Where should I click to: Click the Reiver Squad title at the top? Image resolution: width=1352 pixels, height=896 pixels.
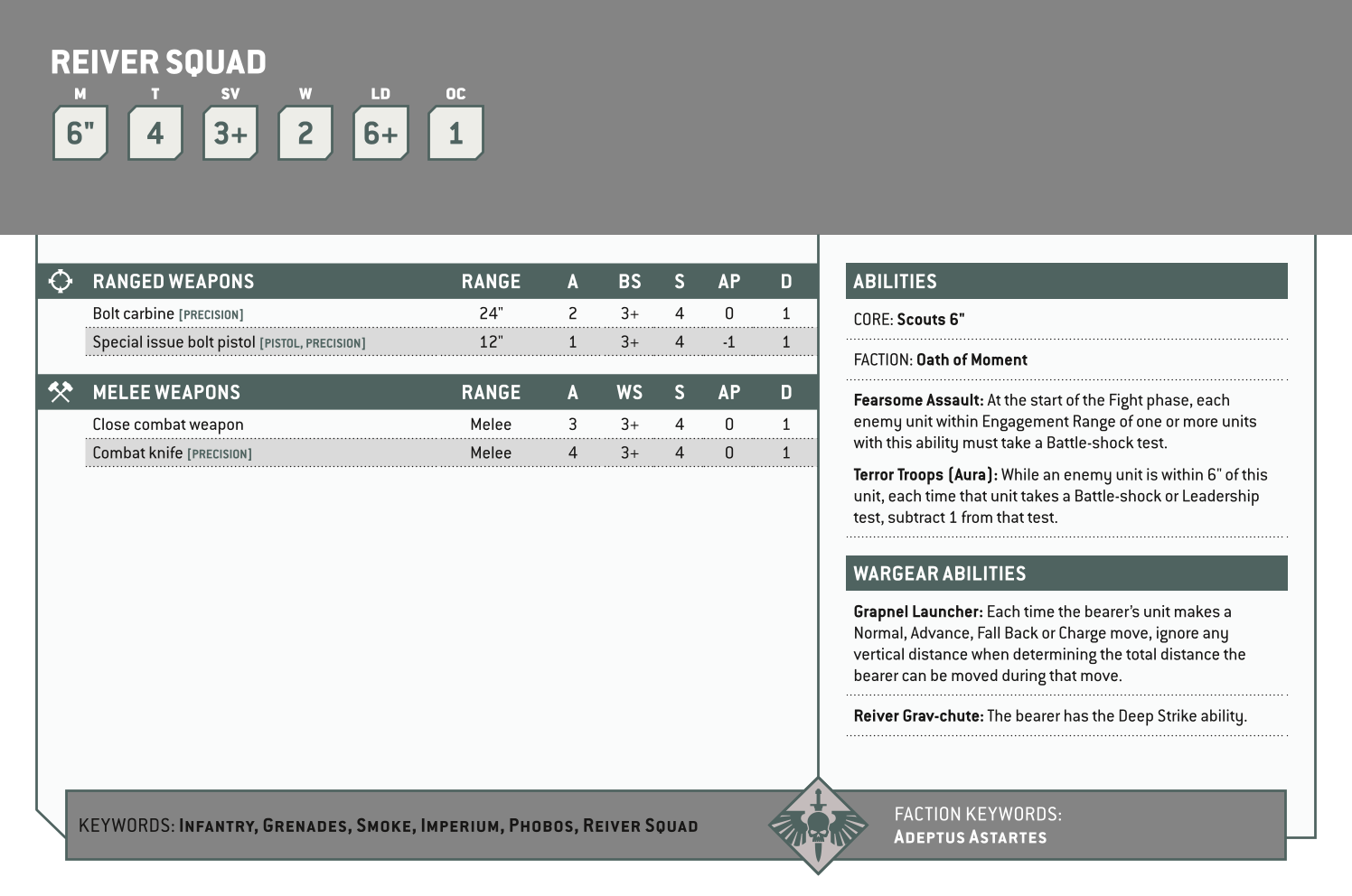[x=158, y=62]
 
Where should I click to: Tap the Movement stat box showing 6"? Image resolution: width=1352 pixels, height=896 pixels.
[x=80, y=134]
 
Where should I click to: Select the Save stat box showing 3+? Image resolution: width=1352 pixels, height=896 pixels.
[x=230, y=134]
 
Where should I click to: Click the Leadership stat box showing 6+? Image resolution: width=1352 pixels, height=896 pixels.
[x=380, y=134]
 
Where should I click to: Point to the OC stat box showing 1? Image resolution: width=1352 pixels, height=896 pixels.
[x=455, y=134]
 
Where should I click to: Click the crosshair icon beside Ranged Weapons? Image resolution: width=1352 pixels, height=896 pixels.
[x=61, y=282]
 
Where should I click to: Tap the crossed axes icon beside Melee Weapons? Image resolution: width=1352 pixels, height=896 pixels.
[x=61, y=392]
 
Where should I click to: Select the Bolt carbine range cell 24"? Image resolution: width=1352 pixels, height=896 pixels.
[x=491, y=313]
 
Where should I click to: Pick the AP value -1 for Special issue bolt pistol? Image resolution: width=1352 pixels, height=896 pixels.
[x=728, y=342]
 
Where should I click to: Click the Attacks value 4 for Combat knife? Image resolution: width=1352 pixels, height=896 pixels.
[x=572, y=453]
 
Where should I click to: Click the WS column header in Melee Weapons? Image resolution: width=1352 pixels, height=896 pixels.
[x=629, y=392]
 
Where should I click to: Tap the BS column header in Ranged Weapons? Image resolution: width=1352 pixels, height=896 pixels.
[x=629, y=282]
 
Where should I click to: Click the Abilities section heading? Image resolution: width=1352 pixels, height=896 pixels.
[x=895, y=282]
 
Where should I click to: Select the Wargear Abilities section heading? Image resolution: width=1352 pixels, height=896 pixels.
[x=939, y=574]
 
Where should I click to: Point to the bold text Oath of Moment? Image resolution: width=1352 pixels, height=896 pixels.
[x=972, y=359]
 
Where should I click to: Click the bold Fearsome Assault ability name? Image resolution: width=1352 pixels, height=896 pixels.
[x=917, y=400]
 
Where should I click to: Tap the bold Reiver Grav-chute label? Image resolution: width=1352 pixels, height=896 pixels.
[x=917, y=716]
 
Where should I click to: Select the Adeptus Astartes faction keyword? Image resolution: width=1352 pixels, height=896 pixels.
[x=970, y=837]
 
